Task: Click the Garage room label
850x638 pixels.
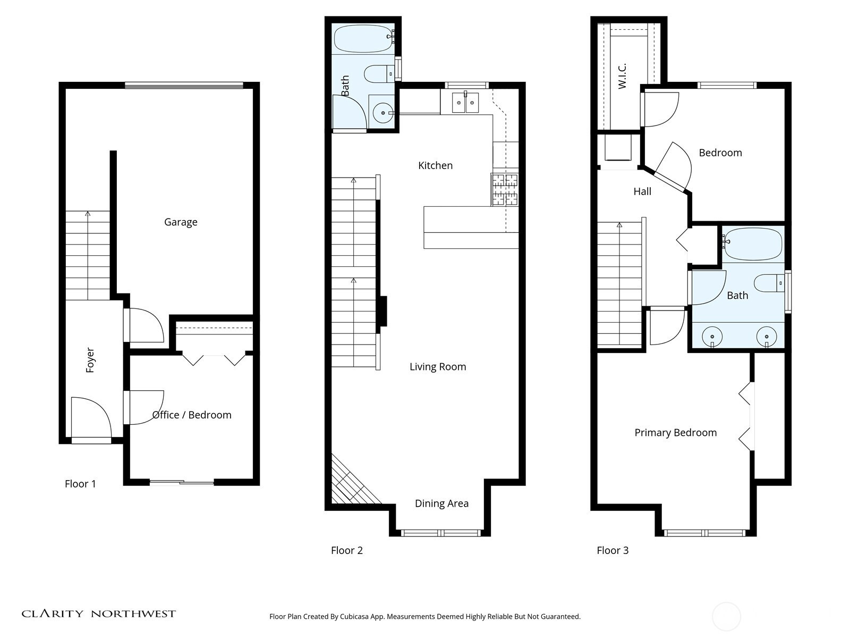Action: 181,222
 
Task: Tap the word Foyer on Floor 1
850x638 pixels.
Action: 90,360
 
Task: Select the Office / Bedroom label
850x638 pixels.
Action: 192,415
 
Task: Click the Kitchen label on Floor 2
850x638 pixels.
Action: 435,165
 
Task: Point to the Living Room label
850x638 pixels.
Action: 438,367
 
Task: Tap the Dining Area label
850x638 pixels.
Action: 441,503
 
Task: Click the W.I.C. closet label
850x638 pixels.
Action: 622,76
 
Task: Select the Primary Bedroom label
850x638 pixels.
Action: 675,433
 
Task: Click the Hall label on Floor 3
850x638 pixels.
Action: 642,191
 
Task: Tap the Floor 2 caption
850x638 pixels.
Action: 346,550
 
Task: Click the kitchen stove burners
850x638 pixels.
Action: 505,189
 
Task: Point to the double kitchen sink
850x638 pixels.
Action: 465,103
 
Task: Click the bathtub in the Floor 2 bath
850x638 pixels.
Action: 363,38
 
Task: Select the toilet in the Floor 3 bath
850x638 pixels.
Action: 769,283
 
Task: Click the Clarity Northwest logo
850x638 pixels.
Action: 98,614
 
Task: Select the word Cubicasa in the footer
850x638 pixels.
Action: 354,616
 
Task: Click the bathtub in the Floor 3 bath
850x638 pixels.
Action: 753,244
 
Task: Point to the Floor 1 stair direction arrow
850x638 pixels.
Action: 88,256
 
